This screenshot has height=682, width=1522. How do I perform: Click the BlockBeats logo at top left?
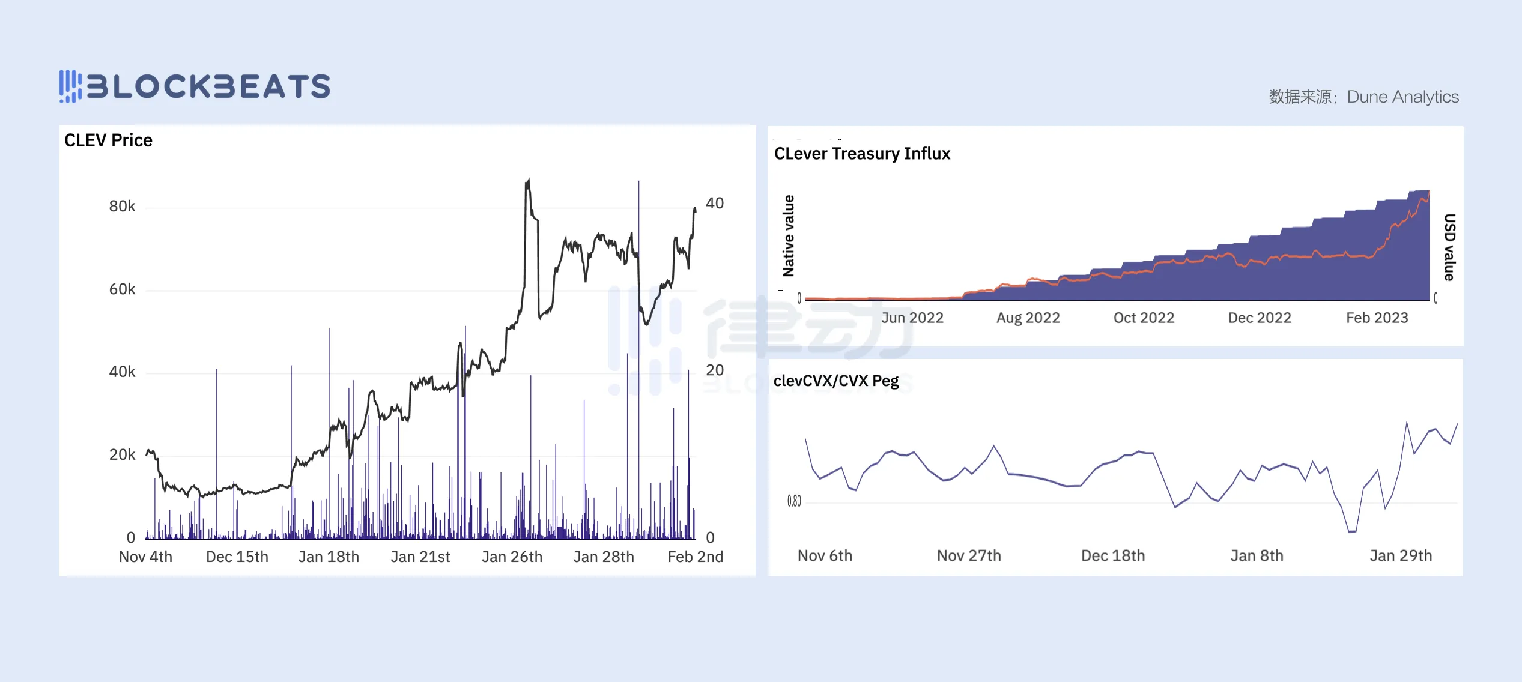(x=195, y=86)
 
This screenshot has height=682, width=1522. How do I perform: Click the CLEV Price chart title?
(x=108, y=140)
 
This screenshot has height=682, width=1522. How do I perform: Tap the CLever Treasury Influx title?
(x=862, y=154)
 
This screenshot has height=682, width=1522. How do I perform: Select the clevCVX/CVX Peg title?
(x=835, y=381)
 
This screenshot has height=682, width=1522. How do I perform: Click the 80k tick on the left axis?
(x=122, y=207)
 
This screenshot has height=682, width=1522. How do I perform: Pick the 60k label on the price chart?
(x=122, y=289)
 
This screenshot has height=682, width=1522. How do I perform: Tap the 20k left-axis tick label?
(x=122, y=455)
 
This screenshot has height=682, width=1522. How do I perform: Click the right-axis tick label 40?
(x=714, y=204)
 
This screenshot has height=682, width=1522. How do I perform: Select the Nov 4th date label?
(x=145, y=557)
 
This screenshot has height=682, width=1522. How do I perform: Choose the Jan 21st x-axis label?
(x=420, y=557)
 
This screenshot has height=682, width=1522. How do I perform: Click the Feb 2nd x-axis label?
(x=695, y=557)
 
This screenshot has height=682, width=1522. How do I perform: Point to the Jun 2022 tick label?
(x=912, y=318)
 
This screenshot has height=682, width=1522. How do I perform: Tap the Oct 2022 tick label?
(x=1144, y=318)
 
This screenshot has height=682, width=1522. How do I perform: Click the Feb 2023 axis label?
(x=1377, y=318)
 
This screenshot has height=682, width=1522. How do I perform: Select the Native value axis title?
(x=789, y=236)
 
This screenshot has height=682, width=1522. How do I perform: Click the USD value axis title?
(x=1449, y=247)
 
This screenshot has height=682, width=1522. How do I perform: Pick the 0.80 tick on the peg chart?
(x=794, y=501)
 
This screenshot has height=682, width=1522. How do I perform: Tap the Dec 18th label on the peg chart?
(x=1112, y=556)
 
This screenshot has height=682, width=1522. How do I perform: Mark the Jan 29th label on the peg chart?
(x=1400, y=556)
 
